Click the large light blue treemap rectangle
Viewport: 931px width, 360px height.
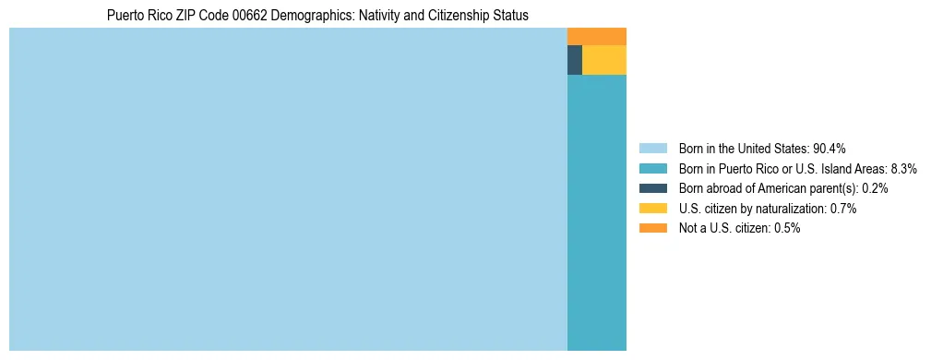[288, 189]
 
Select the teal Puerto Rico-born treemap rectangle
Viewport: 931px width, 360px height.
[596, 212]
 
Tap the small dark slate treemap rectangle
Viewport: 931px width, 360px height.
[574, 60]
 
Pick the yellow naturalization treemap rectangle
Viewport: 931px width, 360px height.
[604, 60]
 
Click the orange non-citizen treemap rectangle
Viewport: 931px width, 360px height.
[596, 36]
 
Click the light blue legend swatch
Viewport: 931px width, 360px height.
[652, 148]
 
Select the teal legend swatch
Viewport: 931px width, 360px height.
[652, 168]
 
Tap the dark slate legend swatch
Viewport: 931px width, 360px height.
[652, 188]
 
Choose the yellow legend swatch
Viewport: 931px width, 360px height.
[652, 209]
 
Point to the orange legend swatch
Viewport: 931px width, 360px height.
[652, 228]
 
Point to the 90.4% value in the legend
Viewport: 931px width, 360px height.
[830, 148]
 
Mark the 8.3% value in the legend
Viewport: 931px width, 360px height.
[904, 168]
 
